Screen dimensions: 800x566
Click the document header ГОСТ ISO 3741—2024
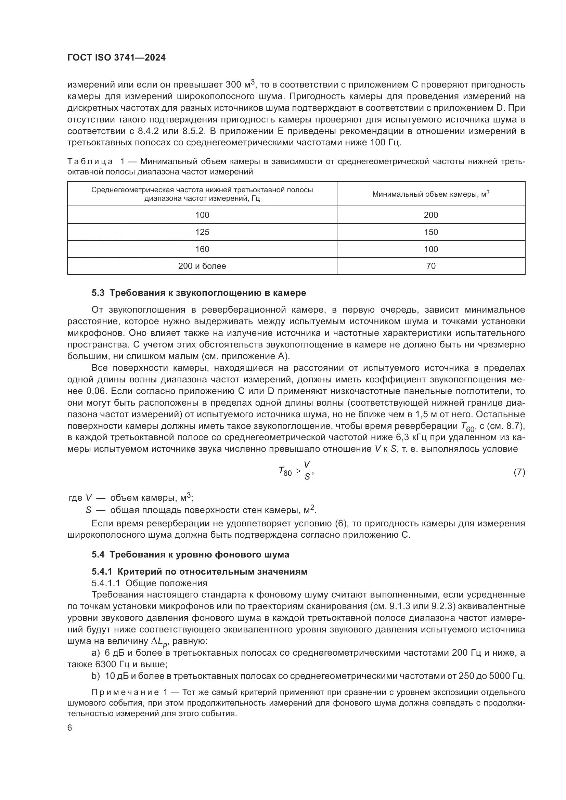pos(116,58)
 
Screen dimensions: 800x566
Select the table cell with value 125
pos(202,232)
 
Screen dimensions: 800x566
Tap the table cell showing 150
pos(431,232)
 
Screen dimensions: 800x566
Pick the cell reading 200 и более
pos(202,266)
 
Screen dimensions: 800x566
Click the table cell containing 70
pos(431,266)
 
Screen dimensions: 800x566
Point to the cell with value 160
pos(202,249)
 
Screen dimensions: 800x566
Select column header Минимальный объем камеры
pos(431,194)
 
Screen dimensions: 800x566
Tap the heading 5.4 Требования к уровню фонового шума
pos(190,554)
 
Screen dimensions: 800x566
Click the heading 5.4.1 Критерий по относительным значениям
pos(200,572)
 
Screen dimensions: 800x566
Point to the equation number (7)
pos(519,472)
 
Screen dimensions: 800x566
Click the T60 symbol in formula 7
pos(285,472)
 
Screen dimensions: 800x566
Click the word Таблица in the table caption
pos(90,162)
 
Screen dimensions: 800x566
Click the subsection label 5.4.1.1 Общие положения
pos(150,583)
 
